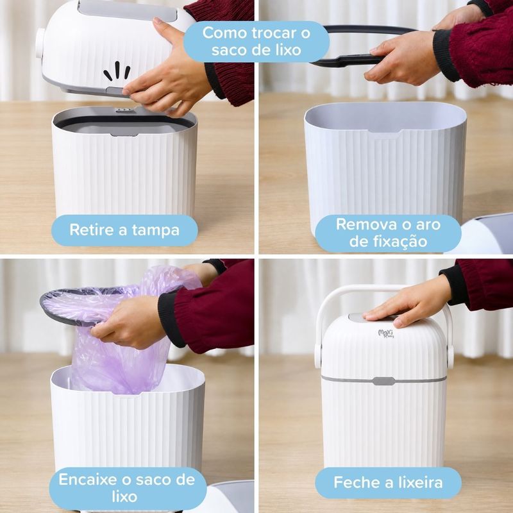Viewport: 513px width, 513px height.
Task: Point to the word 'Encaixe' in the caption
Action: [x=88, y=480]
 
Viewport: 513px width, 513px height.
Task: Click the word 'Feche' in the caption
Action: [x=354, y=482]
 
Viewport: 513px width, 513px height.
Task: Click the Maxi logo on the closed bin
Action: [x=386, y=333]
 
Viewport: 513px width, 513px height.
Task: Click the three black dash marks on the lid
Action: [x=117, y=71]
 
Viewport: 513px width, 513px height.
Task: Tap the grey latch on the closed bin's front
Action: [x=383, y=381]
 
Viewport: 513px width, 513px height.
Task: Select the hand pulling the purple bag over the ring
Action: [x=130, y=323]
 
